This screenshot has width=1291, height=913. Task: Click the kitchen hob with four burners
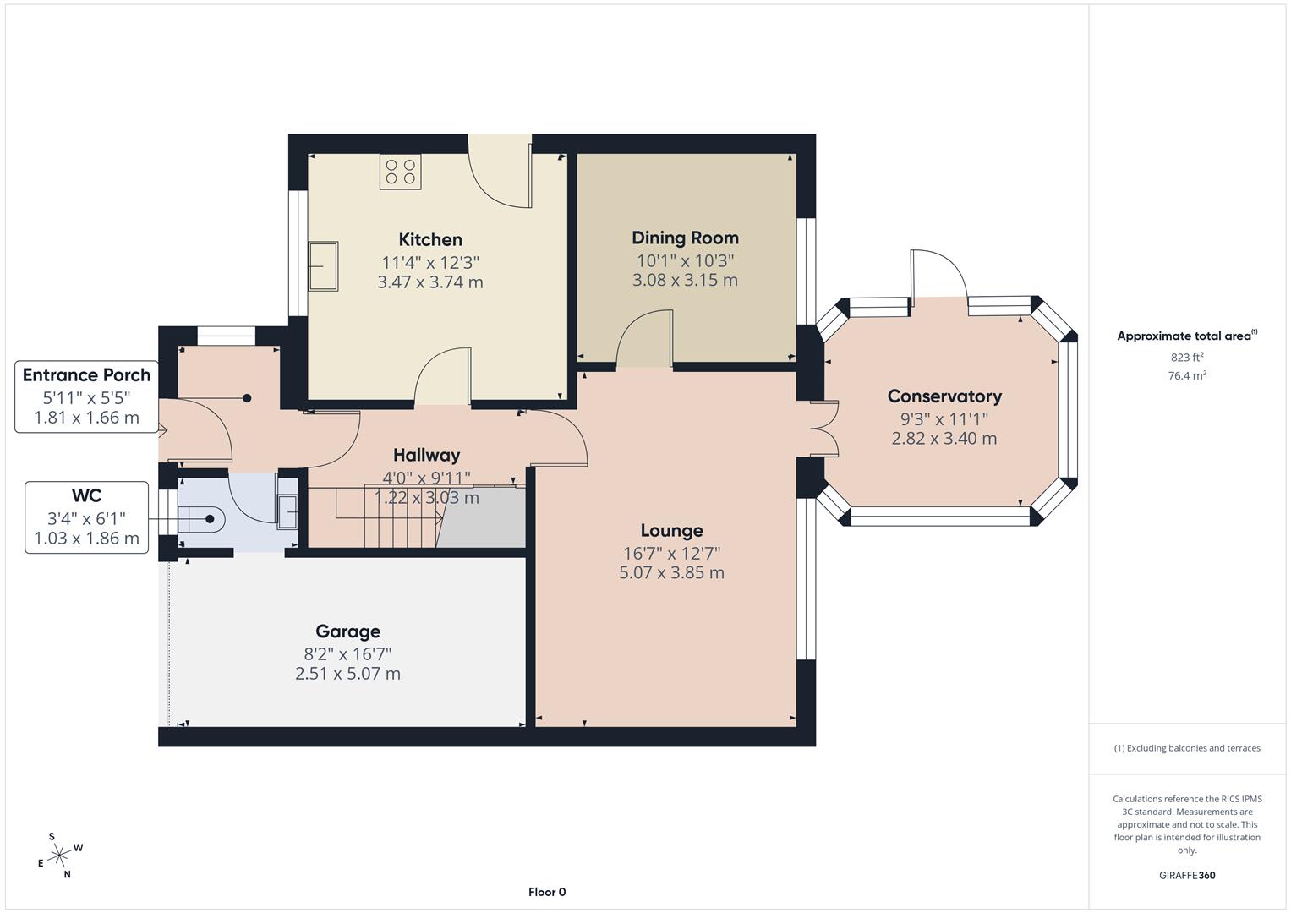coord(401,172)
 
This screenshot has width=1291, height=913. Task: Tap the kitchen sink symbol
coord(323,266)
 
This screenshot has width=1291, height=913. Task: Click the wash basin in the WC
coord(288,512)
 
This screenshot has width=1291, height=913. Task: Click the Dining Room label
coord(685,238)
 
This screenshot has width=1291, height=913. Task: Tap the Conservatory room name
coord(944,396)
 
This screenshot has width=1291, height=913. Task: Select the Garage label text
coord(347,631)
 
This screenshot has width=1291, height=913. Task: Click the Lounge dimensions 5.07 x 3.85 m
coord(671,572)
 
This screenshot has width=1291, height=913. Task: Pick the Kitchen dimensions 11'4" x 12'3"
coord(430,262)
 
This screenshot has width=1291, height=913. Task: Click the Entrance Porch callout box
coord(86,396)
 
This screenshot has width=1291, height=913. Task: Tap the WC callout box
coord(86,517)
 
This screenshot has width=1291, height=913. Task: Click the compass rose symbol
coord(59,856)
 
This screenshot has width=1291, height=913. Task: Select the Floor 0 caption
coord(547,892)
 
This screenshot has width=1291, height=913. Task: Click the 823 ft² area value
coord(1187,357)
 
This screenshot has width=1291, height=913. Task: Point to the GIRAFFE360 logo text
coord(1187,875)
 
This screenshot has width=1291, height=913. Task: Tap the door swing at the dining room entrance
coord(645,340)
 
